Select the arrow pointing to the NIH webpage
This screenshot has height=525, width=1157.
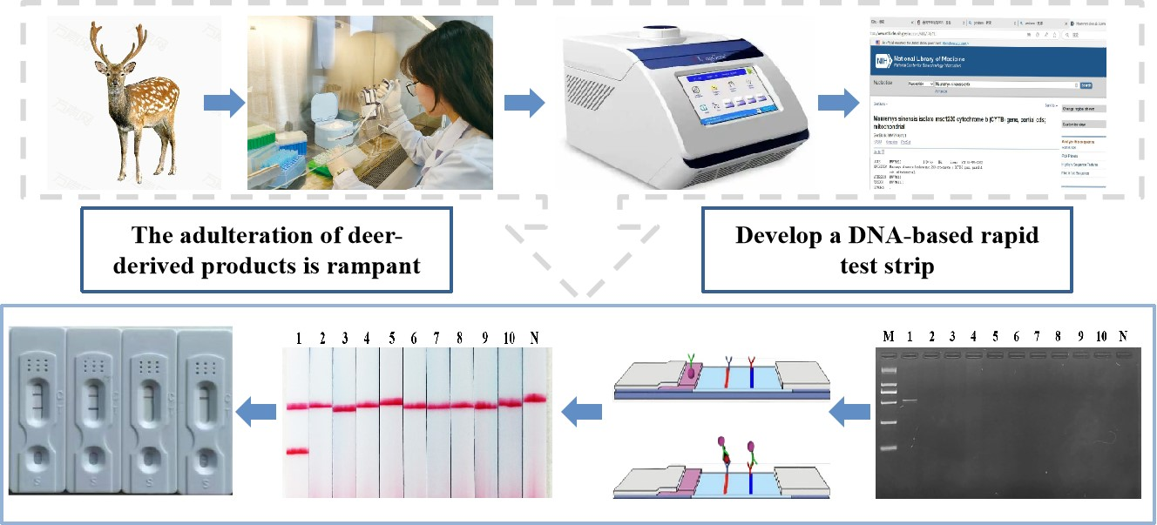[x=836, y=103]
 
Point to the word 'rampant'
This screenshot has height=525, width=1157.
[x=377, y=265]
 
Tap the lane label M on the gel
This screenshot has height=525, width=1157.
[x=887, y=336]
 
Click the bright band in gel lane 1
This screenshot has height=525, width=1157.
[x=909, y=400]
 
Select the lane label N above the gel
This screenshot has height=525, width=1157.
[x=1123, y=336]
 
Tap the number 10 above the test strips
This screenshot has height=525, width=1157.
[x=508, y=337]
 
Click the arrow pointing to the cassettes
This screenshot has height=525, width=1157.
[x=259, y=411]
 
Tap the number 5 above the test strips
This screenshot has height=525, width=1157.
[x=392, y=337]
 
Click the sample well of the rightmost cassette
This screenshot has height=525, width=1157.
[x=206, y=456]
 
